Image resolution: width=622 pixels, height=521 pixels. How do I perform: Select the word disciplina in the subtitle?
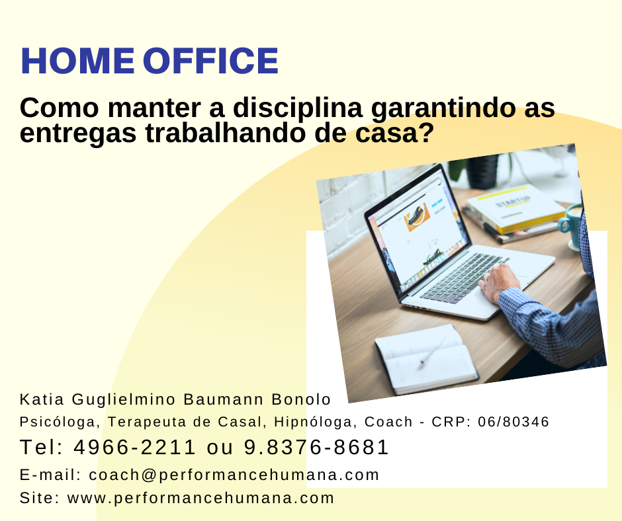click(298, 108)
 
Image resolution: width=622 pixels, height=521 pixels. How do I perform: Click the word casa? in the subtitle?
click(394, 134)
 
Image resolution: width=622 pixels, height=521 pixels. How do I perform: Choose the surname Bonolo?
click(301, 399)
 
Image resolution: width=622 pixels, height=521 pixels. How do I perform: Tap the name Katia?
click(42, 399)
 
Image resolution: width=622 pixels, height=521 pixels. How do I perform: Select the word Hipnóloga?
click(314, 422)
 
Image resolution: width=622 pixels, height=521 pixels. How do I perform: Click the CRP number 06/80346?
click(513, 421)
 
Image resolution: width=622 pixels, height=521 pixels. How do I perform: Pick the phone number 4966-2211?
click(135, 447)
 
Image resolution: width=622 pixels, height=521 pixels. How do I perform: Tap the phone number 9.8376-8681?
click(316, 447)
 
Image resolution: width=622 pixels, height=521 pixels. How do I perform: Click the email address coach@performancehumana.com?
click(234, 475)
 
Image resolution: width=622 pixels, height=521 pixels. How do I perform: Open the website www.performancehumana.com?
click(200, 499)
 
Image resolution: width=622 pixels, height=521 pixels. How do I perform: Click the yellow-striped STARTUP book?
click(515, 208)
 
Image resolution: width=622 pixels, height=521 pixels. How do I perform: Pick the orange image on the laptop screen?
click(416, 217)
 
